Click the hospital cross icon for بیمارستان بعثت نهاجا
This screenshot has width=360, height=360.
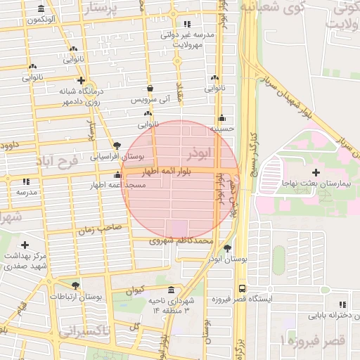(x=316, y=172)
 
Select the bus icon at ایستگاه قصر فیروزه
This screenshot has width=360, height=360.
(x=243, y=288)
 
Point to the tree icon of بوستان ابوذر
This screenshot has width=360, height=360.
(x=226, y=247)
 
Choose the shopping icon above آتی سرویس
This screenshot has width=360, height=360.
(x=151, y=89)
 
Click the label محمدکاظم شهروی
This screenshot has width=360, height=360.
(x=181, y=240)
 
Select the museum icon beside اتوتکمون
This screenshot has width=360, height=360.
(x=40, y=9)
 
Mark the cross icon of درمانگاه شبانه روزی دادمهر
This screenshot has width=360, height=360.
(x=82, y=80)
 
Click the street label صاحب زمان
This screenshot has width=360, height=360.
(x=100, y=229)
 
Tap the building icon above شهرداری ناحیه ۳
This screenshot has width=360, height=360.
(x=171, y=290)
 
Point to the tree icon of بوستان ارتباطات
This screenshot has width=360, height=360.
(x=75, y=285)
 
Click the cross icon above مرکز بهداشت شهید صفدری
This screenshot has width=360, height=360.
(x=25, y=245)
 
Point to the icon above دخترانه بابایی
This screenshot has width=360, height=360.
(x=342, y=304)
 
